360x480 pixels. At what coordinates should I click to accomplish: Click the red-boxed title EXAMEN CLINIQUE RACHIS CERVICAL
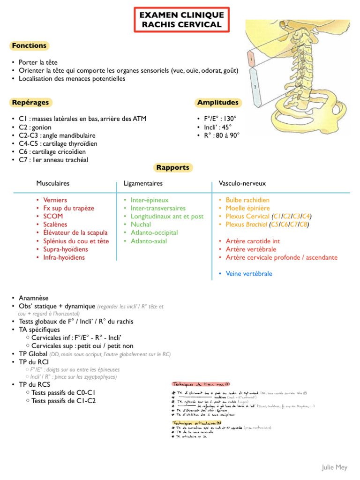click(182, 20)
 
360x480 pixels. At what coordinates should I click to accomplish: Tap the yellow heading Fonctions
click(29, 45)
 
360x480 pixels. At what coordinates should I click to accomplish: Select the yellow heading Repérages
click(30, 102)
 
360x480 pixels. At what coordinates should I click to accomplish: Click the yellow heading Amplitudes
click(217, 102)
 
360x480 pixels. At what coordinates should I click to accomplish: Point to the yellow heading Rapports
click(173, 167)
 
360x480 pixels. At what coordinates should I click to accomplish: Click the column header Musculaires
click(53, 183)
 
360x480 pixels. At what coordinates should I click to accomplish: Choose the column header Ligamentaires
click(143, 183)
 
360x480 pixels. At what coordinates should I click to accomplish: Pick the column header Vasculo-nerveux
click(242, 183)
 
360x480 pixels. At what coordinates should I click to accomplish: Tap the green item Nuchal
click(141, 225)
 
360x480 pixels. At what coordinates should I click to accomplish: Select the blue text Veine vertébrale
click(249, 274)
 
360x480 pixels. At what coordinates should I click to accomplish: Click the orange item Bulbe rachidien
click(247, 200)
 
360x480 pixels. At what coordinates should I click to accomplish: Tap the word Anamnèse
click(33, 298)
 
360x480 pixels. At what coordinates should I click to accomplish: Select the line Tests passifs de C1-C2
click(63, 401)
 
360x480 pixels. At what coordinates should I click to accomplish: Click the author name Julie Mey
click(334, 467)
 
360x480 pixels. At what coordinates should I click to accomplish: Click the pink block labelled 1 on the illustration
click(251, 60)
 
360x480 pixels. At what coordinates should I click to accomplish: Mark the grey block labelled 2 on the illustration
click(255, 87)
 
